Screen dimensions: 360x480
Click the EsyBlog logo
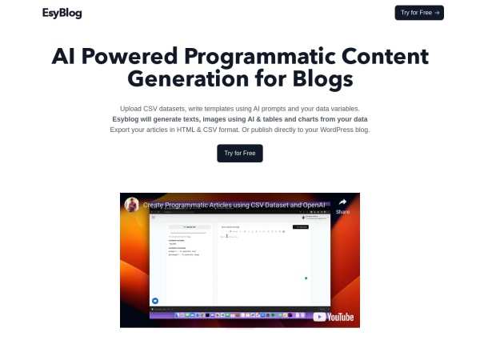tap(62, 13)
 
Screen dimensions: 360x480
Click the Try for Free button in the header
tap(418, 13)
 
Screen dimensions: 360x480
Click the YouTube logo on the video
tap(334, 317)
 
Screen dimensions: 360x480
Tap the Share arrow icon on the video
tap(342, 202)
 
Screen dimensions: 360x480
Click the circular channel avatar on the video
tap(131, 205)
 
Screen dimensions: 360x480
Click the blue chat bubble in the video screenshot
tap(155, 300)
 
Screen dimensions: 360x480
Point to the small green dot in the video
tap(306, 278)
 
